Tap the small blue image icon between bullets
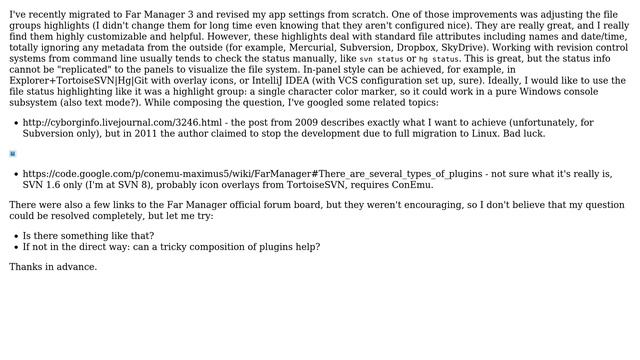click(13, 154)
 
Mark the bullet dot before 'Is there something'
click(13, 236)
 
